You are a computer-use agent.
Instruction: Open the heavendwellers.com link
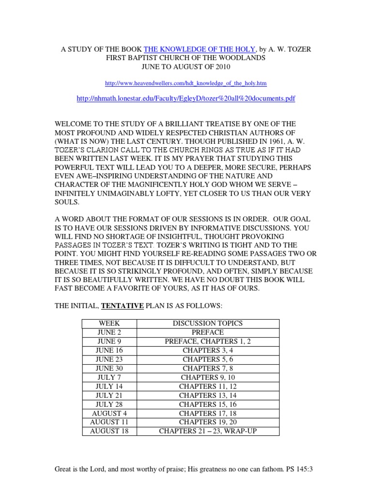tap(186, 83)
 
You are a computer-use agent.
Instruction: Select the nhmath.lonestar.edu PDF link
tap(186, 98)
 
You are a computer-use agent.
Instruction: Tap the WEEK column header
tap(109, 323)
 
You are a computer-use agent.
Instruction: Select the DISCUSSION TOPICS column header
tap(208, 323)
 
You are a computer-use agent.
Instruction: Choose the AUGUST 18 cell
tap(109, 431)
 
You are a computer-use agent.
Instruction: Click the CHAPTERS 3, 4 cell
tap(208, 350)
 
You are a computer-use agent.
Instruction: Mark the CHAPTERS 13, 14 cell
tap(208, 395)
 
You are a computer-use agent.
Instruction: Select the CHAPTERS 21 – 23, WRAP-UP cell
tap(208, 431)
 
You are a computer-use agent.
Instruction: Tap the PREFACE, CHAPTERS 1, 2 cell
tap(208, 341)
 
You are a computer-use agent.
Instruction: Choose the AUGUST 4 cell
tap(109, 413)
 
